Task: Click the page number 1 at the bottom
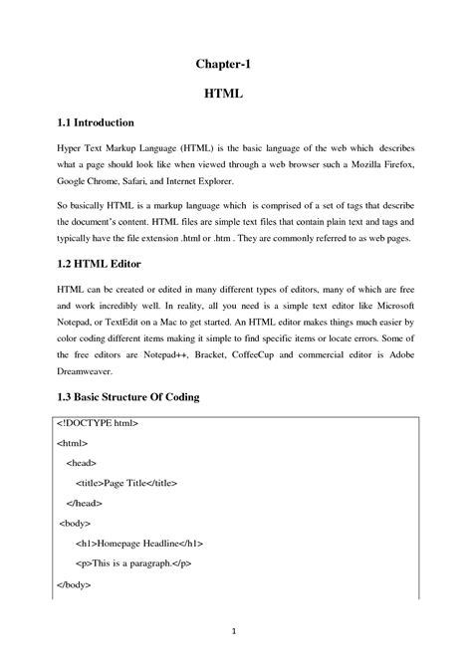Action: coord(231,629)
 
